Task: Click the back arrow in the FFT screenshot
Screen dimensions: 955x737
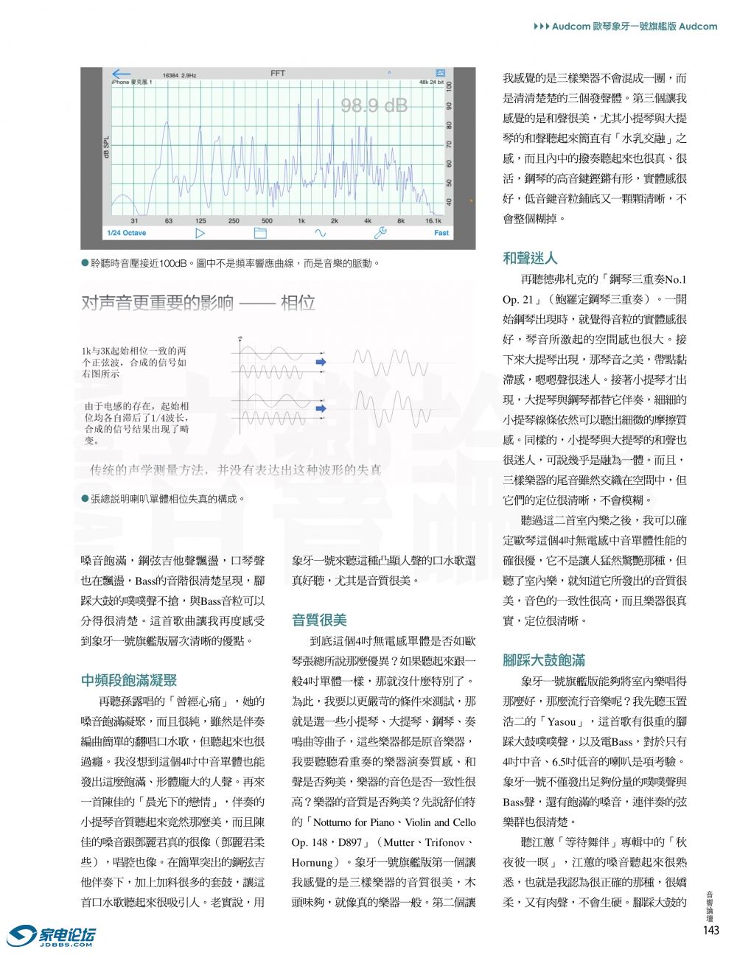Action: point(121,74)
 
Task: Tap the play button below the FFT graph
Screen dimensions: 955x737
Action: point(200,233)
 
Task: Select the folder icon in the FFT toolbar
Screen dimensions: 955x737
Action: point(259,233)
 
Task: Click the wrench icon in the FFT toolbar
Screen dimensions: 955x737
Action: point(381,233)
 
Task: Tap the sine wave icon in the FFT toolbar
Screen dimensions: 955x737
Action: point(320,233)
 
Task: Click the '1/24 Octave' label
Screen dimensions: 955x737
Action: point(127,233)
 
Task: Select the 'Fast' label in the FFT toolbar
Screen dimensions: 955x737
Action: point(441,233)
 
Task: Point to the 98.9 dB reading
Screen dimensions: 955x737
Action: point(374,105)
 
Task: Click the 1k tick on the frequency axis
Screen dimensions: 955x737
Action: point(301,220)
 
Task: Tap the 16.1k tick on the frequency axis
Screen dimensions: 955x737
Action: point(433,220)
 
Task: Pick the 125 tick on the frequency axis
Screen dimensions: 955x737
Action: point(200,220)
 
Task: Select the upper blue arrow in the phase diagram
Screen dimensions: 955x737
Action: point(320,362)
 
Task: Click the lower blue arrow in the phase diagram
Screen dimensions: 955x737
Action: point(321,407)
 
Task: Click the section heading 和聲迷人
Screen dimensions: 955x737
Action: point(530,258)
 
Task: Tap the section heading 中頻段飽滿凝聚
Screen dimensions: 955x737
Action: point(129,680)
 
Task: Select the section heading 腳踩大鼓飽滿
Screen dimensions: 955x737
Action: point(544,660)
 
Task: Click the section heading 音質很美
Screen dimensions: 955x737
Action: point(319,620)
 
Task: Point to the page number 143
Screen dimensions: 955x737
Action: point(710,930)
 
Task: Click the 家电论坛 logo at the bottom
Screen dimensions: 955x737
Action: point(51,936)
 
